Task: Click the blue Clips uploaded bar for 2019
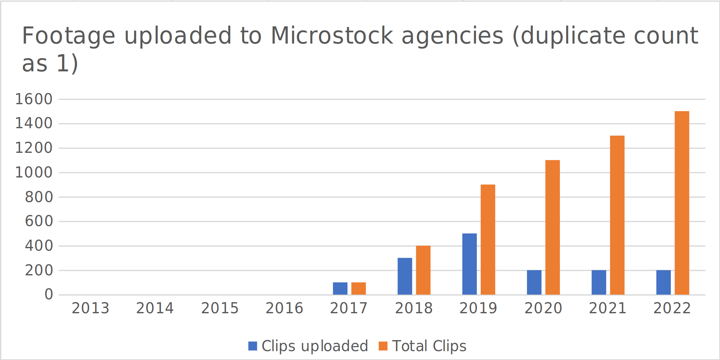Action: click(469, 264)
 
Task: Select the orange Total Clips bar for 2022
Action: click(682, 203)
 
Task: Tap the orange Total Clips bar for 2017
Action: click(358, 289)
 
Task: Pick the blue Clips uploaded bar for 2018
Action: click(405, 276)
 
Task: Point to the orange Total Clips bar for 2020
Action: click(552, 227)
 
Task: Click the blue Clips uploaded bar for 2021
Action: click(599, 282)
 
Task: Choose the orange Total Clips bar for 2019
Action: click(488, 240)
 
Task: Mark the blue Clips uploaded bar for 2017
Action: click(340, 289)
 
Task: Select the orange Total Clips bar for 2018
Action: click(423, 270)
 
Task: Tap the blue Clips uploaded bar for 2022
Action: click(663, 282)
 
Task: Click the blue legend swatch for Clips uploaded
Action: click(253, 346)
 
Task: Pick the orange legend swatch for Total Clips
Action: click(383, 346)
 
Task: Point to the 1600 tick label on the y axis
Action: click(34, 99)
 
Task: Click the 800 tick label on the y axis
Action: click(39, 197)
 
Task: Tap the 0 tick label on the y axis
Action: click(49, 295)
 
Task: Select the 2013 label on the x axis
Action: click(90, 309)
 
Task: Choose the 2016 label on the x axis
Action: click(284, 309)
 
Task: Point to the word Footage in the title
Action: click(69, 36)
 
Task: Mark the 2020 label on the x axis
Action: click(543, 309)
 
